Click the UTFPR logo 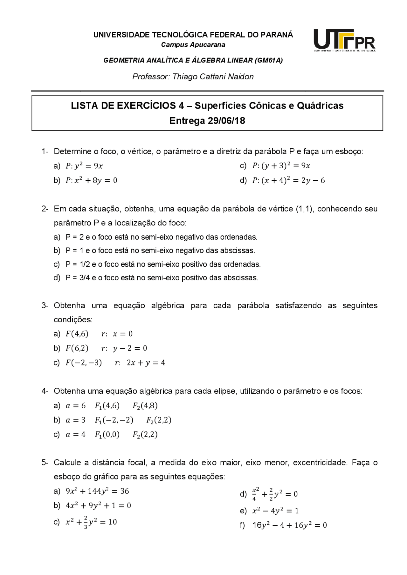[344, 40]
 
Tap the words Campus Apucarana [193, 45]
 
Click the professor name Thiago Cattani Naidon [213, 77]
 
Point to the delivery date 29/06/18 [226, 121]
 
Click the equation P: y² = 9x [84, 166]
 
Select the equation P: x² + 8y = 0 [91, 181]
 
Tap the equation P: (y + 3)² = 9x [281, 166]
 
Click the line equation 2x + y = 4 [146, 363]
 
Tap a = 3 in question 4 [76, 420]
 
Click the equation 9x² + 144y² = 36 [97, 491]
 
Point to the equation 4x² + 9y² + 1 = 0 [98, 505]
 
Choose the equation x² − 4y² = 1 [275, 511]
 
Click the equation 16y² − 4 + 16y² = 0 [289, 525]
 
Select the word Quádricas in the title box [320, 106]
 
